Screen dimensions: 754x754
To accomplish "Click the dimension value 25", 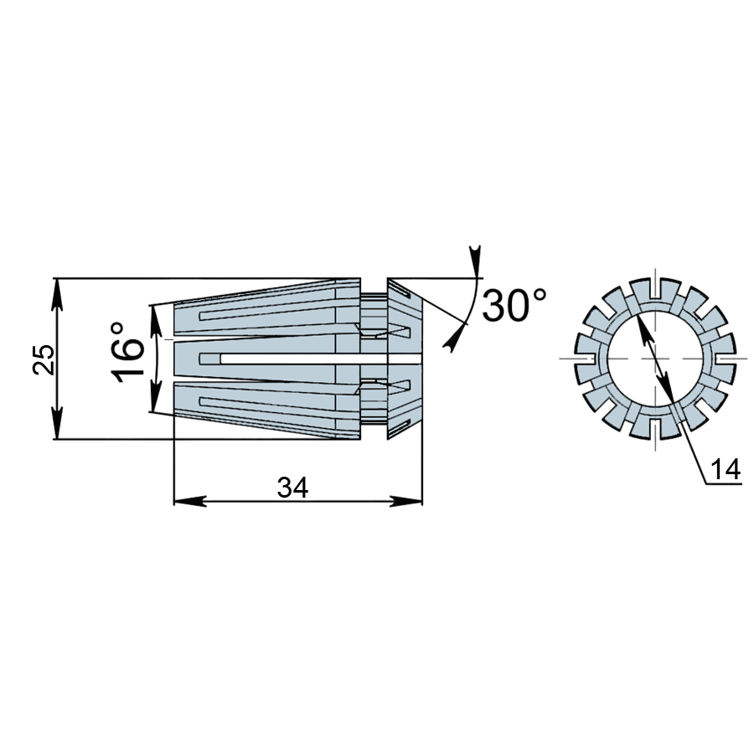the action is tap(43, 359).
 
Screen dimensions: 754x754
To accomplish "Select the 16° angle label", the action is tap(127, 352).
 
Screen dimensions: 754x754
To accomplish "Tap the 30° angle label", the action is tap(514, 305).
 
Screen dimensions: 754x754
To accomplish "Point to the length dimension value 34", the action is tap(292, 488).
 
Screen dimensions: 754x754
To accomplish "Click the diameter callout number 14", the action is tap(726, 469).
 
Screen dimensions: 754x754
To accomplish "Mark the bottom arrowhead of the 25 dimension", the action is tap(57, 423).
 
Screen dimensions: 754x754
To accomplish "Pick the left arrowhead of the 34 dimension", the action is tap(189, 501).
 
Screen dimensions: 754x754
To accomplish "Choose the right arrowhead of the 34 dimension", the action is tap(406, 501).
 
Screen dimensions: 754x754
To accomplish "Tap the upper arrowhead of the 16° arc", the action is tap(156, 321).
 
